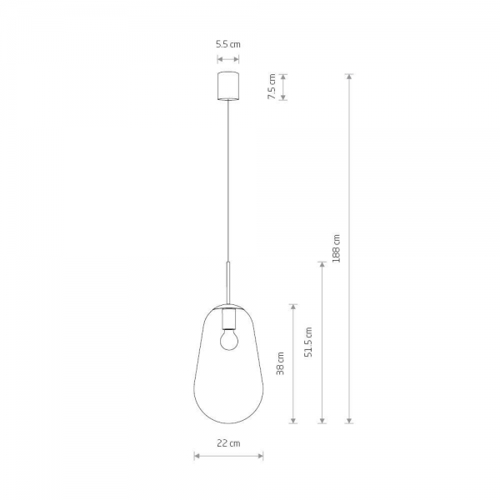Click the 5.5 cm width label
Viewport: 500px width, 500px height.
click(228, 44)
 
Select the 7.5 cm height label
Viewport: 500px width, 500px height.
click(272, 87)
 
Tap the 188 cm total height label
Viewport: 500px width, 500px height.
click(336, 248)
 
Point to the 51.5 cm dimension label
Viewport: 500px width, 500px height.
click(308, 342)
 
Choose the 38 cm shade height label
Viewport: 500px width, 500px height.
click(280, 363)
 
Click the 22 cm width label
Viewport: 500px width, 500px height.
click(228, 443)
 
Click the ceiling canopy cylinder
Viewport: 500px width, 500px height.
click(228, 86)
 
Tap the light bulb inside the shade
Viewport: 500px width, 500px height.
click(229, 340)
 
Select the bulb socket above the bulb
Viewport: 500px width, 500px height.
click(229, 319)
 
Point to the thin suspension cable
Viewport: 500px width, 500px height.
click(228, 181)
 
